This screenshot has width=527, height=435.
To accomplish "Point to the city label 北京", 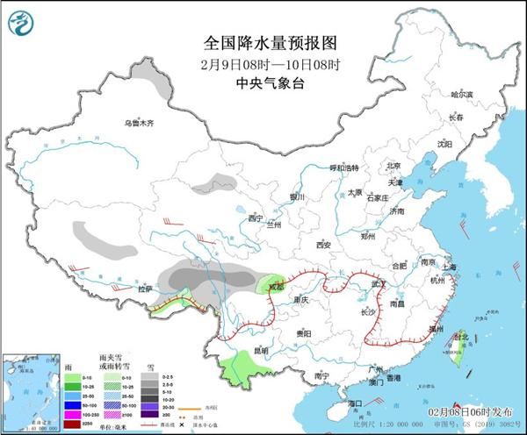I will pyautogui.click(x=393, y=165).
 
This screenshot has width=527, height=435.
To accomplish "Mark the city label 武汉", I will pyautogui.click(x=379, y=284).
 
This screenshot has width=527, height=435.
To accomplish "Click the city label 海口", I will pyautogui.click(x=354, y=403).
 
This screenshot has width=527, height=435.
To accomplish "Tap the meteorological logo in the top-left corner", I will pyautogui.click(x=25, y=24).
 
